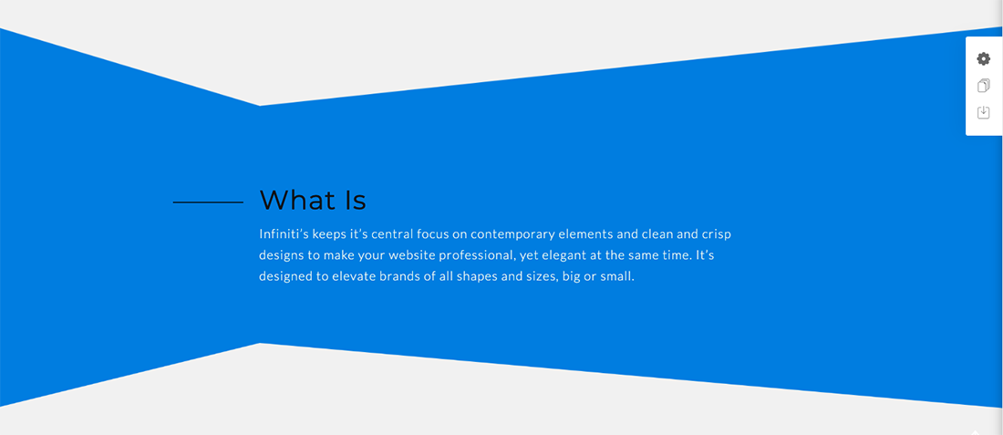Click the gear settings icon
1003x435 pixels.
pyautogui.click(x=983, y=59)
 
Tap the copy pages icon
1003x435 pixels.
pyautogui.click(x=983, y=86)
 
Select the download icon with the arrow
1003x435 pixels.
pyautogui.click(x=983, y=112)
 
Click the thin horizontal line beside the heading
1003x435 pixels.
pyautogui.click(x=208, y=202)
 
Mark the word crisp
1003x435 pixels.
pyautogui.click(x=717, y=234)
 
